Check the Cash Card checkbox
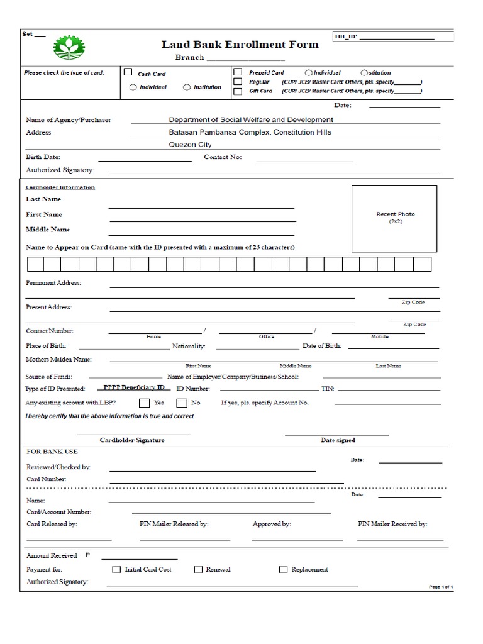(128, 72)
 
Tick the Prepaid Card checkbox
(238, 72)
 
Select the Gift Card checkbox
(238, 91)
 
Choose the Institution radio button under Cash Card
(187, 87)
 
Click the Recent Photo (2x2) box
(394, 218)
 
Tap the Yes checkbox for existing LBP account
(144, 402)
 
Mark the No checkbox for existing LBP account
(181, 402)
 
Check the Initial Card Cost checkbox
(116, 570)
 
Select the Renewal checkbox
(197, 570)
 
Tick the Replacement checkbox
(283, 570)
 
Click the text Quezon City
(190, 144)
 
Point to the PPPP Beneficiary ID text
(134, 388)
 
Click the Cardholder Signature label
(132, 440)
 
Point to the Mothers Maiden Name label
(58, 360)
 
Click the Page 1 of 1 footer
(441, 586)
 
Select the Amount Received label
(52, 556)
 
